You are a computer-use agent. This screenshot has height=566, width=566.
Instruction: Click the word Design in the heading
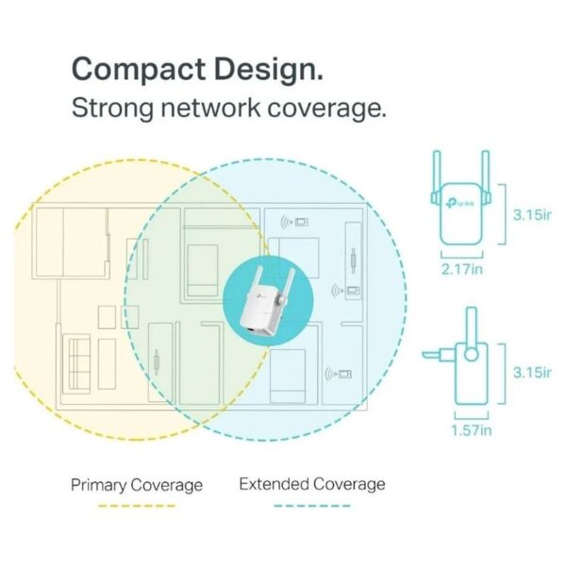coord(269,69)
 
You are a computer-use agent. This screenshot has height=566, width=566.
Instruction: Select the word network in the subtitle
coord(210,108)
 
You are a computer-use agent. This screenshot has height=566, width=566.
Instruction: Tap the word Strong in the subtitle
coord(112,108)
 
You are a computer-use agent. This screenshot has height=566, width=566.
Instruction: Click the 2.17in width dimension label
coord(461,269)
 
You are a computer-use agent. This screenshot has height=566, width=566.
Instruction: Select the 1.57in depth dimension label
coord(471,430)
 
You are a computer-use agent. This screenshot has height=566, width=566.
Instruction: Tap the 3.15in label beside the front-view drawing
coord(532,215)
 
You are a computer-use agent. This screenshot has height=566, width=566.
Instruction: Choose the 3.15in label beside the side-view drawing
coord(532,373)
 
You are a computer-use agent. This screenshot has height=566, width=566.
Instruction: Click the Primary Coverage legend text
coord(137,485)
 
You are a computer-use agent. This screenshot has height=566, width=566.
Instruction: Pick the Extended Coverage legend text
coord(312,484)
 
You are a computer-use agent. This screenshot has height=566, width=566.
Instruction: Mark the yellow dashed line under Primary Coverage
coord(137,506)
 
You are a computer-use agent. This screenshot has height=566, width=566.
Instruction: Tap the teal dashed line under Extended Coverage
coord(312,506)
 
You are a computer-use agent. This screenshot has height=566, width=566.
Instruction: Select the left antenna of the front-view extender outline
coord(437,177)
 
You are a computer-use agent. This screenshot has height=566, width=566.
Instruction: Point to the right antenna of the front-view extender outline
coord(486,177)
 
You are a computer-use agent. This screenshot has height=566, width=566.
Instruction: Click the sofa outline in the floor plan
coord(76,363)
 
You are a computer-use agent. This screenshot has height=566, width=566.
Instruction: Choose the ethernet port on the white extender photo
coord(251,330)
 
